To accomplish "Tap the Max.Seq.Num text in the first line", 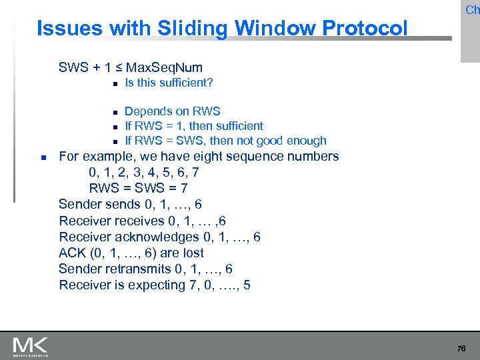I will click(x=164, y=67).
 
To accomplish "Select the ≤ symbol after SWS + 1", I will click(x=117, y=67).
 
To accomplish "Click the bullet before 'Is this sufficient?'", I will click(x=115, y=84).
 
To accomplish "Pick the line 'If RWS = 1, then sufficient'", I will click(x=194, y=126).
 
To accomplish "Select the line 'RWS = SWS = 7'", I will click(x=138, y=189).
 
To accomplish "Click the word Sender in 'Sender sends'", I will click(x=81, y=205).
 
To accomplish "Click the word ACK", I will click(x=73, y=253).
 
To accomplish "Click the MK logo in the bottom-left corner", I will click(x=31, y=346).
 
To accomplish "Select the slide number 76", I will click(x=461, y=349).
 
